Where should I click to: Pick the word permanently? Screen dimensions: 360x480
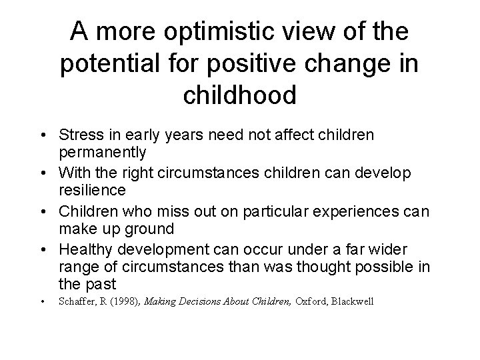coord(102,152)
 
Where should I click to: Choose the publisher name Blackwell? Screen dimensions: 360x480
coord(353,302)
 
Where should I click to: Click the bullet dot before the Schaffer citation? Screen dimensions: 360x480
coord(43,302)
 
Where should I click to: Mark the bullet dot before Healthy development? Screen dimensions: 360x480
coord(43,249)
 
